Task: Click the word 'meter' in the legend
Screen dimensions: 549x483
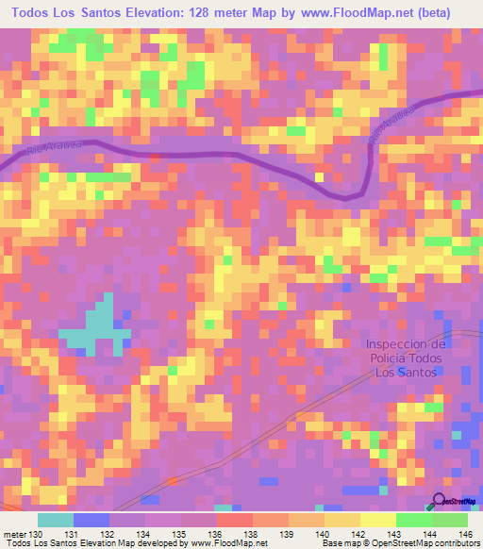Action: [14, 535]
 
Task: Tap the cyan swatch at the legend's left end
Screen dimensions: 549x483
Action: [56, 520]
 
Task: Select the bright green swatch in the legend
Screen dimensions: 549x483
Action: [414, 520]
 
